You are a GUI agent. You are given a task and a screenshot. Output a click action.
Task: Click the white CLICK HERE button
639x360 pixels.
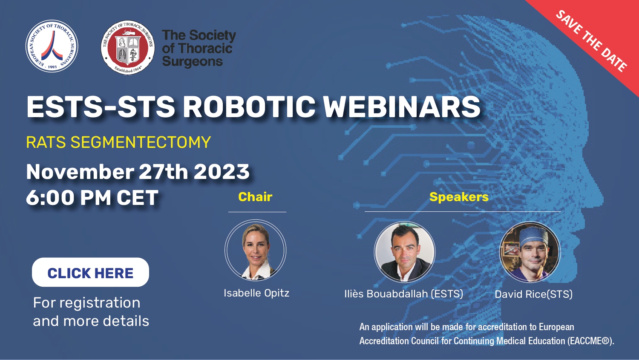[x=90, y=272]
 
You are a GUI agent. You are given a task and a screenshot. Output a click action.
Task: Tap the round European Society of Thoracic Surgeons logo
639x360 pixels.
[x=52, y=46]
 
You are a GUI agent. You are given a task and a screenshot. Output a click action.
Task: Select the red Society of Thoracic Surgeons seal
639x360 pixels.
[x=127, y=47]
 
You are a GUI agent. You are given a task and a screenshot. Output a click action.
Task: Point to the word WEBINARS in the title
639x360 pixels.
[x=402, y=107]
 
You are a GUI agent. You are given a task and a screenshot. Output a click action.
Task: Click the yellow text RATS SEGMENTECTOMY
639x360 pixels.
[x=118, y=142]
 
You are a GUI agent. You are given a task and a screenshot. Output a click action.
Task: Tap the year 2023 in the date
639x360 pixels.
[x=222, y=172]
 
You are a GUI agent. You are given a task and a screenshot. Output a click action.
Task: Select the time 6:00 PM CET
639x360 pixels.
[x=92, y=197]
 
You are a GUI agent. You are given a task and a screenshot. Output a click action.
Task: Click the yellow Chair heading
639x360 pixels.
[x=255, y=197]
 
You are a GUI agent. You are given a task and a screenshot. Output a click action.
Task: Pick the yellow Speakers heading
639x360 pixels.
[x=459, y=197]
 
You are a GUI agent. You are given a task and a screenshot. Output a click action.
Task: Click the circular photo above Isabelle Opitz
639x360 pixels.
[x=255, y=250]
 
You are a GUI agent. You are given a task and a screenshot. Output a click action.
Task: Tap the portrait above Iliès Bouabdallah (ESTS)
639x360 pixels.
[x=405, y=252]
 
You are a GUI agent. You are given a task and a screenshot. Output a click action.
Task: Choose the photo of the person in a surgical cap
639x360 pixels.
[x=530, y=252]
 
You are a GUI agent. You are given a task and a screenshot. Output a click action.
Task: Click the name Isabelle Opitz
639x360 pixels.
[x=256, y=293]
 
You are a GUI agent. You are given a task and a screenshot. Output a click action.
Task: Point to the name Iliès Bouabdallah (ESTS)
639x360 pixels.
[x=404, y=294]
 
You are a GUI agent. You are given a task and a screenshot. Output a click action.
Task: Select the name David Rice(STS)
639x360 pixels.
[x=533, y=294]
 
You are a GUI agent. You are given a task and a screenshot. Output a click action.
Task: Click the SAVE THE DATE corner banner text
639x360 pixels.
[x=591, y=41]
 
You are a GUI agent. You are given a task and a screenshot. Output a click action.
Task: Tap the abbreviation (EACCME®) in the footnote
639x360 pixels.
[x=590, y=341]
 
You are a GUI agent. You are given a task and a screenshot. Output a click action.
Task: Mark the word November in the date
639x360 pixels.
[x=80, y=172]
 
